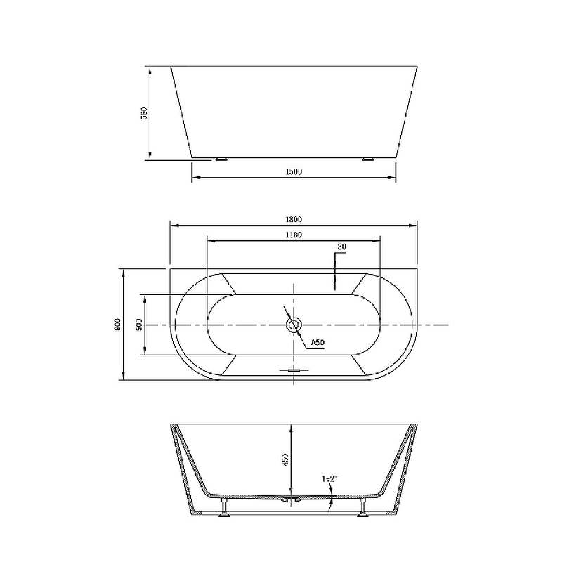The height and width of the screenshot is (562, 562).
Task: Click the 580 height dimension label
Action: [144, 113]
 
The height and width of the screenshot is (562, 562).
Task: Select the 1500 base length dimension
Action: [294, 171]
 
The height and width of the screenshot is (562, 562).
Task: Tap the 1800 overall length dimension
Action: [294, 219]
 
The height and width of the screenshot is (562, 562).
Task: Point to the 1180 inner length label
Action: [294, 235]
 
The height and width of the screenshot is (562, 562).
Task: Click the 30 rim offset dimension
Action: [341, 247]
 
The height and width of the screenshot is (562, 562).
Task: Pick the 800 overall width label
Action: [118, 324]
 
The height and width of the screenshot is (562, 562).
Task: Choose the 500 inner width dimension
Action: [139, 324]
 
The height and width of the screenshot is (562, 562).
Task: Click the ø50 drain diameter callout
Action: [318, 342]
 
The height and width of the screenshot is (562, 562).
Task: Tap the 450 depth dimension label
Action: [285, 460]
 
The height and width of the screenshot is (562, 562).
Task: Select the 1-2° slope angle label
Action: [330, 478]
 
